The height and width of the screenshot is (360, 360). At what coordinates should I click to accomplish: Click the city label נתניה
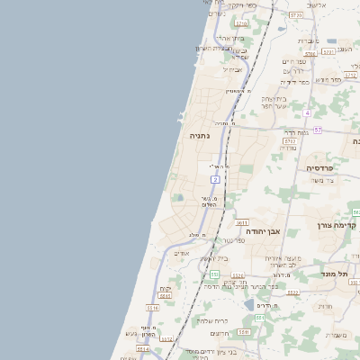coord(200,136)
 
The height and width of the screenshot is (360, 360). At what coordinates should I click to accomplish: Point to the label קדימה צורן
coord(338,225)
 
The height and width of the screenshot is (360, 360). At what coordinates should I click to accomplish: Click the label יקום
coord(166,289)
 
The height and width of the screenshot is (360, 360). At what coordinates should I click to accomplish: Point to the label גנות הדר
coord(296,132)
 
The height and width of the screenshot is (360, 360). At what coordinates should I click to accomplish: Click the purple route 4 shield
coord(306,112)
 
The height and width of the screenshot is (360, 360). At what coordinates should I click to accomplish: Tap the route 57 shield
coord(318,131)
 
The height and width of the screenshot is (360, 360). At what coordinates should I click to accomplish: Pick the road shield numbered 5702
coord(290,141)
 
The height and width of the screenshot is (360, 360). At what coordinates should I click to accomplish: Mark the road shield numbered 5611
coord(242,222)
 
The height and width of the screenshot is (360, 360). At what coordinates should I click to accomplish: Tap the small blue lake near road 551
coord(248,305)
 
